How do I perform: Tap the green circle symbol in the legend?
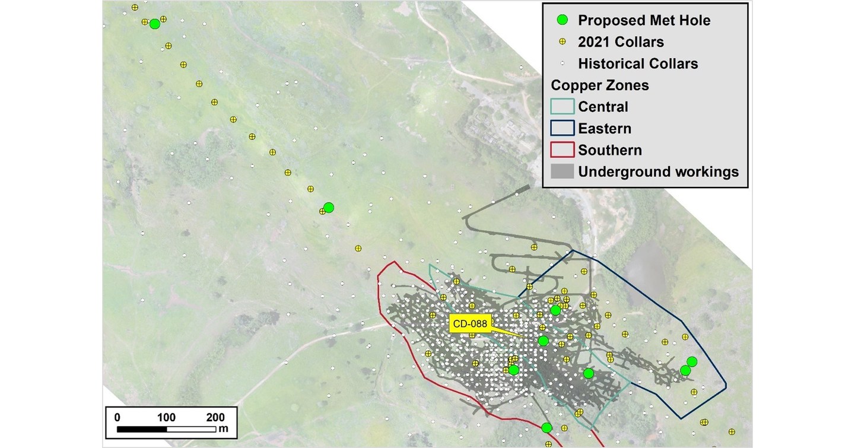click(x=563, y=20)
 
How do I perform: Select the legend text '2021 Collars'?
click(x=621, y=42)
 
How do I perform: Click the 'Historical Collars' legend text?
click(x=638, y=63)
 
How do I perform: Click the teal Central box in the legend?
click(x=563, y=107)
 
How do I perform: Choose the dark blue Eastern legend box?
click(x=563, y=128)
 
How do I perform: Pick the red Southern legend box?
click(x=563, y=150)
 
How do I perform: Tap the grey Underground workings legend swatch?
click(x=563, y=171)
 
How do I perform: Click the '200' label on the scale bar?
click(x=215, y=417)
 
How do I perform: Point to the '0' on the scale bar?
click(x=117, y=417)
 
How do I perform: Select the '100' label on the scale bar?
click(x=166, y=417)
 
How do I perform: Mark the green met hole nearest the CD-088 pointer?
click(x=543, y=341)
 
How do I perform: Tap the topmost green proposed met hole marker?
click(x=155, y=24)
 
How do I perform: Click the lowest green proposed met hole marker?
click(x=547, y=428)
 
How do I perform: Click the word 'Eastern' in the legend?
click(x=605, y=128)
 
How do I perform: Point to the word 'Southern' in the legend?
click(x=610, y=150)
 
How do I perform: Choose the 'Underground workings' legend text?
click(x=659, y=171)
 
